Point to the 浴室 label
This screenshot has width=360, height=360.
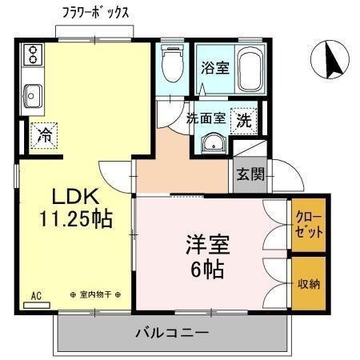[215, 69]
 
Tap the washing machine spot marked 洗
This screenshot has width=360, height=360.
[243, 120]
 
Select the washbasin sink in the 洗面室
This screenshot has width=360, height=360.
[212, 143]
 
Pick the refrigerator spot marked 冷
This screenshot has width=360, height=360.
[46, 134]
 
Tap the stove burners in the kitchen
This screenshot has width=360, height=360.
[33, 54]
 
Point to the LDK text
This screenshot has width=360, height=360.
[74, 197]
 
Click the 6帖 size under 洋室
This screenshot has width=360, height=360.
[204, 270]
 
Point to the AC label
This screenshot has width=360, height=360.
[36, 295]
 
